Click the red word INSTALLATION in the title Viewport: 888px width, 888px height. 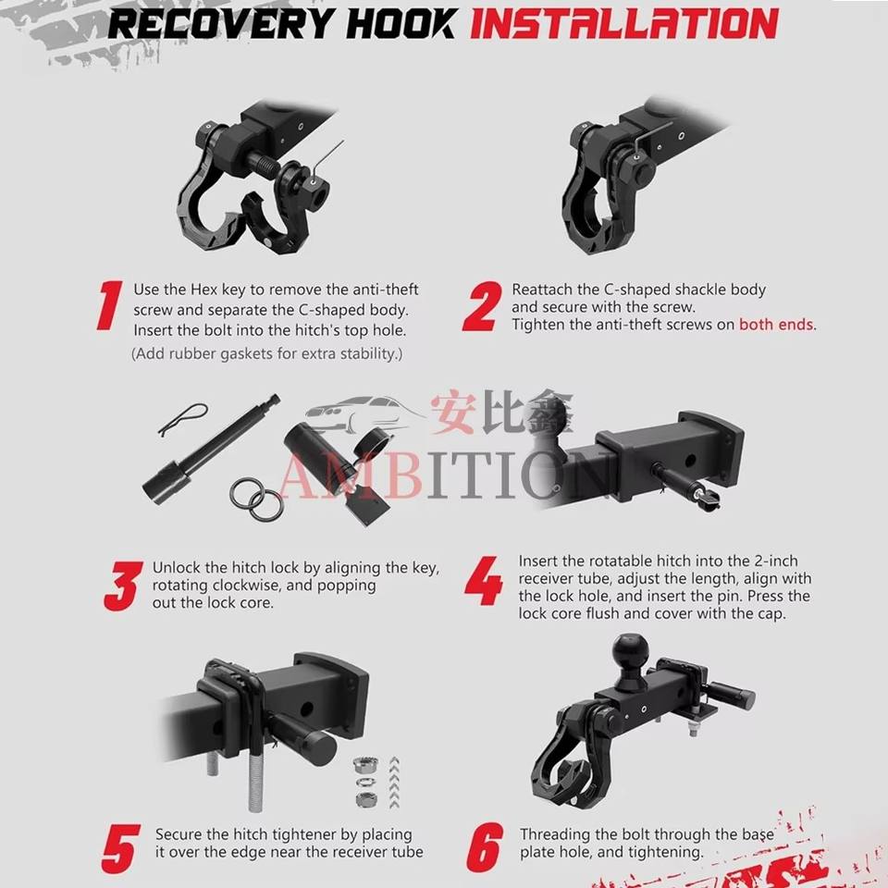coord(624,24)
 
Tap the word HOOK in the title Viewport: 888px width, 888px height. coord(401,24)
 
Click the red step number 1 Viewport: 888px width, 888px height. coord(110,305)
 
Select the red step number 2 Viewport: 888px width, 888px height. coord(482,306)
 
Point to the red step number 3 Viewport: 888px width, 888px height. coord(122,586)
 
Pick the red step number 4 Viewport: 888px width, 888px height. coord(483,581)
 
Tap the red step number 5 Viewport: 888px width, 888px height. coord(120,848)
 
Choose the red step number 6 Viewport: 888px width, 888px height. coord(485,848)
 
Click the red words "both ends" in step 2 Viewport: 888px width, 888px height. coord(776,325)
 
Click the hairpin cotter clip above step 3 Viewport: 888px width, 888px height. coord(182,418)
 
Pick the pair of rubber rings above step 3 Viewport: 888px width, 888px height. coord(256,499)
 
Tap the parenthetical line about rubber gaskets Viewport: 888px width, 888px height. coord(266,353)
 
